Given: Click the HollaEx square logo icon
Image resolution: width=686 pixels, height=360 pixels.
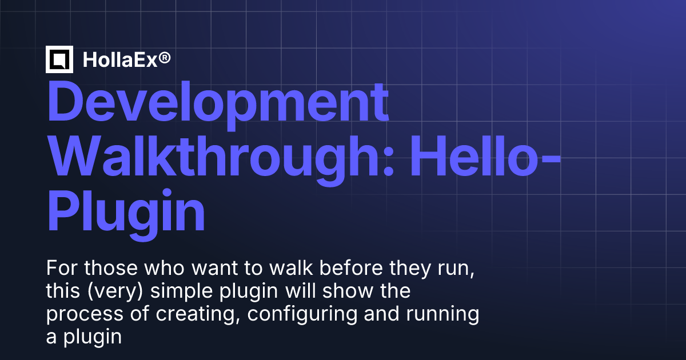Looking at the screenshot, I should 59,59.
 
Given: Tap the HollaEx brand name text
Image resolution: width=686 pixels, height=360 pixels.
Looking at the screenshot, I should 118,59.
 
